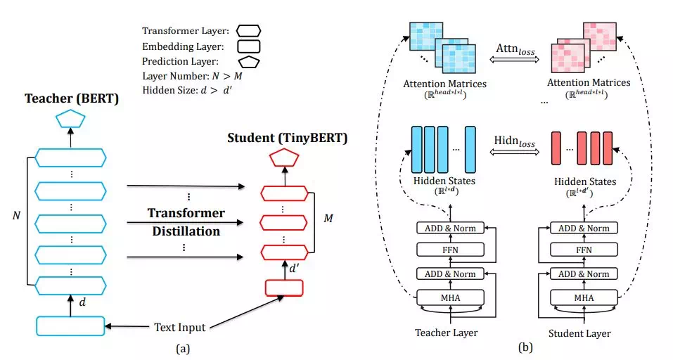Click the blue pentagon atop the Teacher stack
click(71, 117)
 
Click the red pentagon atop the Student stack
click(282, 160)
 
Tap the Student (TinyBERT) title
click(287, 138)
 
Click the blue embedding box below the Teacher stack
click(71, 326)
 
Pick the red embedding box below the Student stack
click(283, 288)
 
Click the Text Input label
click(180, 327)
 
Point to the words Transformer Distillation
click(186, 221)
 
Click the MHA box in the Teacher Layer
click(451, 297)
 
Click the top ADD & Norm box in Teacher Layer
click(451, 228)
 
